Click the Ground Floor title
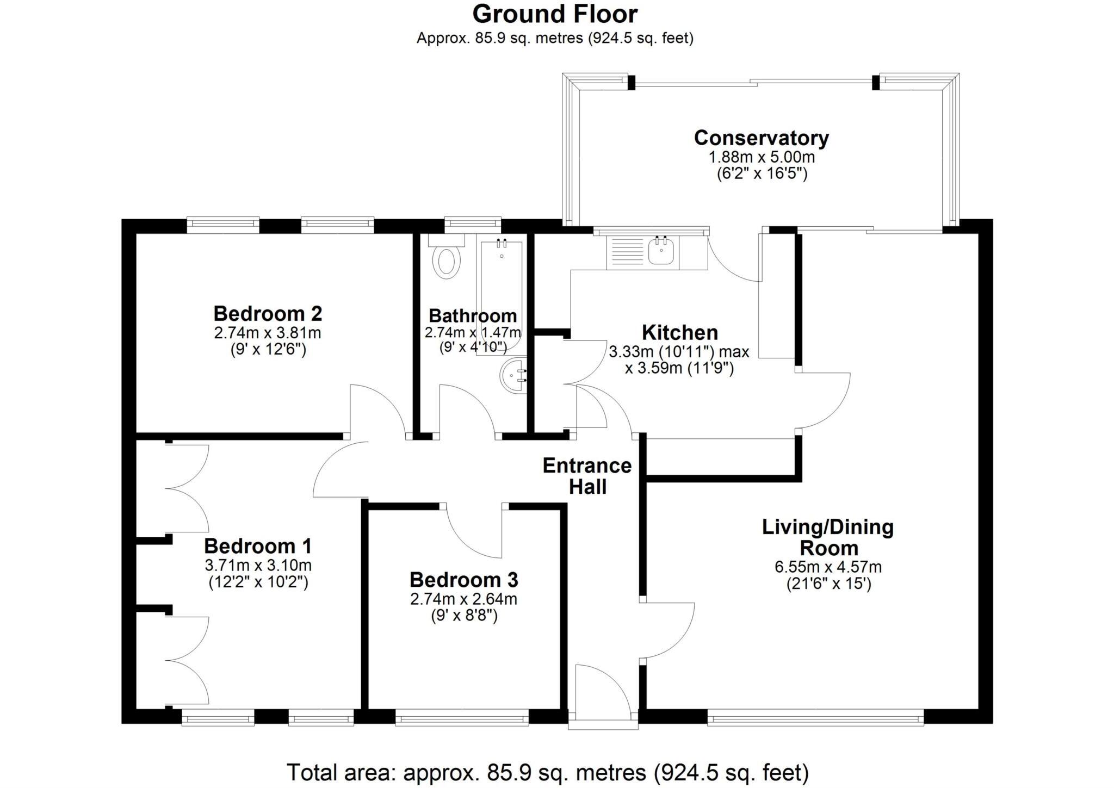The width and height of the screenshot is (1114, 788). [554, 14]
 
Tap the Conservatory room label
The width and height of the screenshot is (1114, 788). [761, 138]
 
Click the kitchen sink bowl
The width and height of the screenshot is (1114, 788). [661, 253]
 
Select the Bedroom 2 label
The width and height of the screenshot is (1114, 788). [268, 314]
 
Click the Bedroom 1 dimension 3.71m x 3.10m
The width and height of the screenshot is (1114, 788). [258, 566]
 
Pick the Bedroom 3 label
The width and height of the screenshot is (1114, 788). [463, 580]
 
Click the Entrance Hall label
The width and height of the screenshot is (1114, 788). [587, 475]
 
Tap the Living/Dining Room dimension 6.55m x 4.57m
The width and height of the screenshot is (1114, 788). [828, 567]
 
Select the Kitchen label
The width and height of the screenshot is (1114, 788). [679, 332]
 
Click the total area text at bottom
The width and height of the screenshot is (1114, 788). [548, 772]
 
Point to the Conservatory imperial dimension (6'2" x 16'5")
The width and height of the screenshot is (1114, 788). [761, 174]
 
